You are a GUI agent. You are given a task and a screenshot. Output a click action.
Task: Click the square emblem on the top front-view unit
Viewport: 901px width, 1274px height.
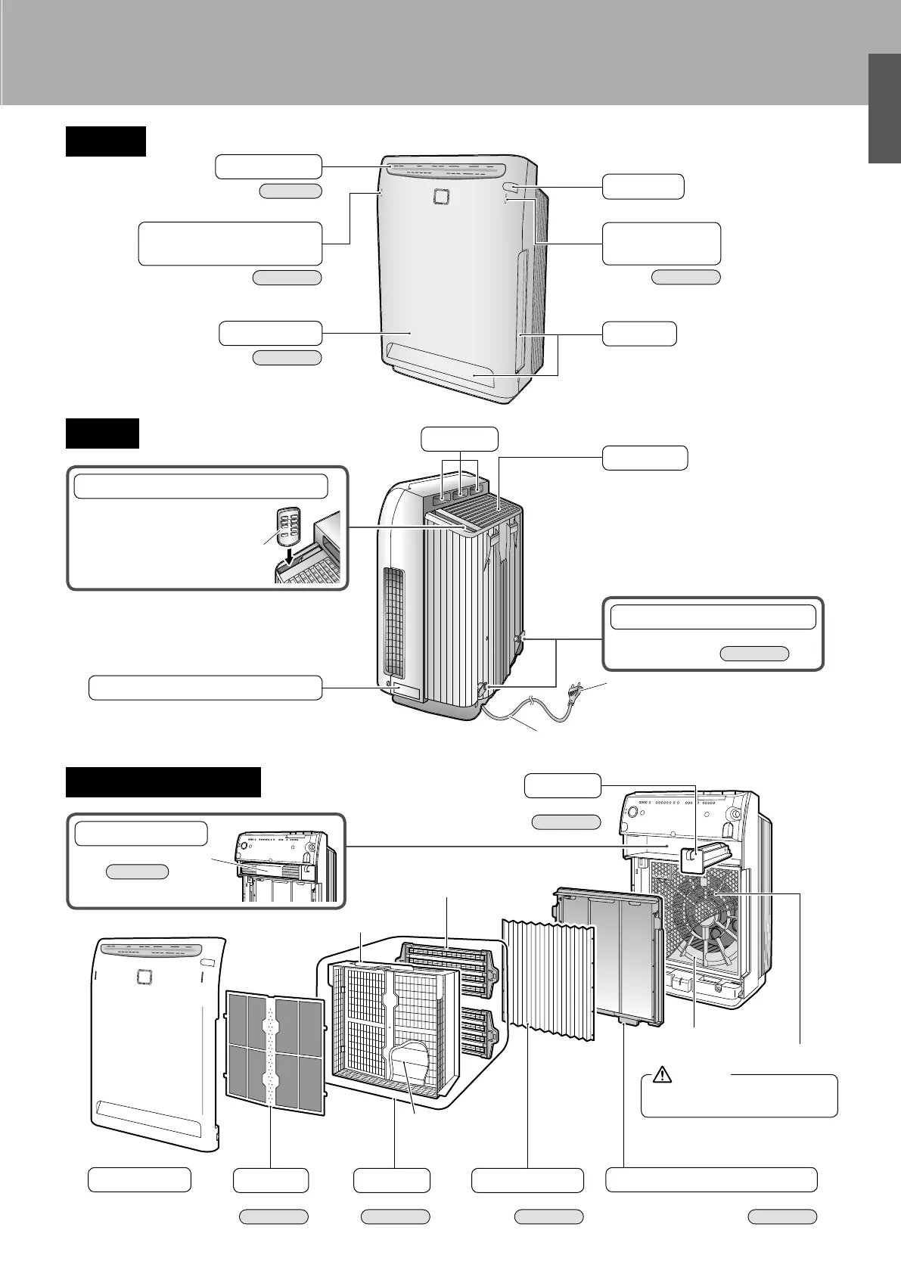441,197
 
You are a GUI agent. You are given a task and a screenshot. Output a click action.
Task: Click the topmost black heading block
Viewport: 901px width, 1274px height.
105,141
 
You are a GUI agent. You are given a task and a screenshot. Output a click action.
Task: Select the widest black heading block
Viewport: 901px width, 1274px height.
163,781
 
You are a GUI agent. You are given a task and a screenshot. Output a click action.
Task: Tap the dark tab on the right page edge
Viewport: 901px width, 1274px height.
884,108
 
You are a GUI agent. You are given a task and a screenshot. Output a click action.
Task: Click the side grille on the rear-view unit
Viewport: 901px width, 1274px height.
393,623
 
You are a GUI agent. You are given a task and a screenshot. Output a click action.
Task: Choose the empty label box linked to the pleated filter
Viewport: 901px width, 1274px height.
527,1180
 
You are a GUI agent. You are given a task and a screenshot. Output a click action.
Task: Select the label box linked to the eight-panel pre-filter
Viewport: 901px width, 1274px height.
271,1180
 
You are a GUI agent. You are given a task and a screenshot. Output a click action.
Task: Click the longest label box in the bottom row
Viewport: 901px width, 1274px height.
712,1180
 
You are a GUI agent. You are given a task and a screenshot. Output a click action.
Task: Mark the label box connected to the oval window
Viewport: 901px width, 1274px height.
643,186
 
